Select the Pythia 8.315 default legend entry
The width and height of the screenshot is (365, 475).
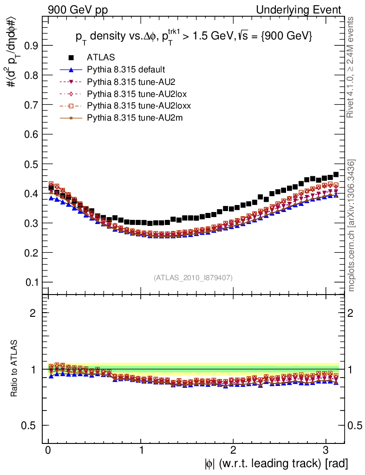pos(126,70)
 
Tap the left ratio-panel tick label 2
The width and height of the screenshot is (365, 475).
pos(33,313)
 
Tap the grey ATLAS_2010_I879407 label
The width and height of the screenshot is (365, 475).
pos(193,277)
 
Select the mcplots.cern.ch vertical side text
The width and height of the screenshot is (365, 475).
pos(352,225)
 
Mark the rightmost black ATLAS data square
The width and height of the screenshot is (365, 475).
pos(336,175)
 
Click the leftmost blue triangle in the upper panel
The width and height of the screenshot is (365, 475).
pos(51,198)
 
